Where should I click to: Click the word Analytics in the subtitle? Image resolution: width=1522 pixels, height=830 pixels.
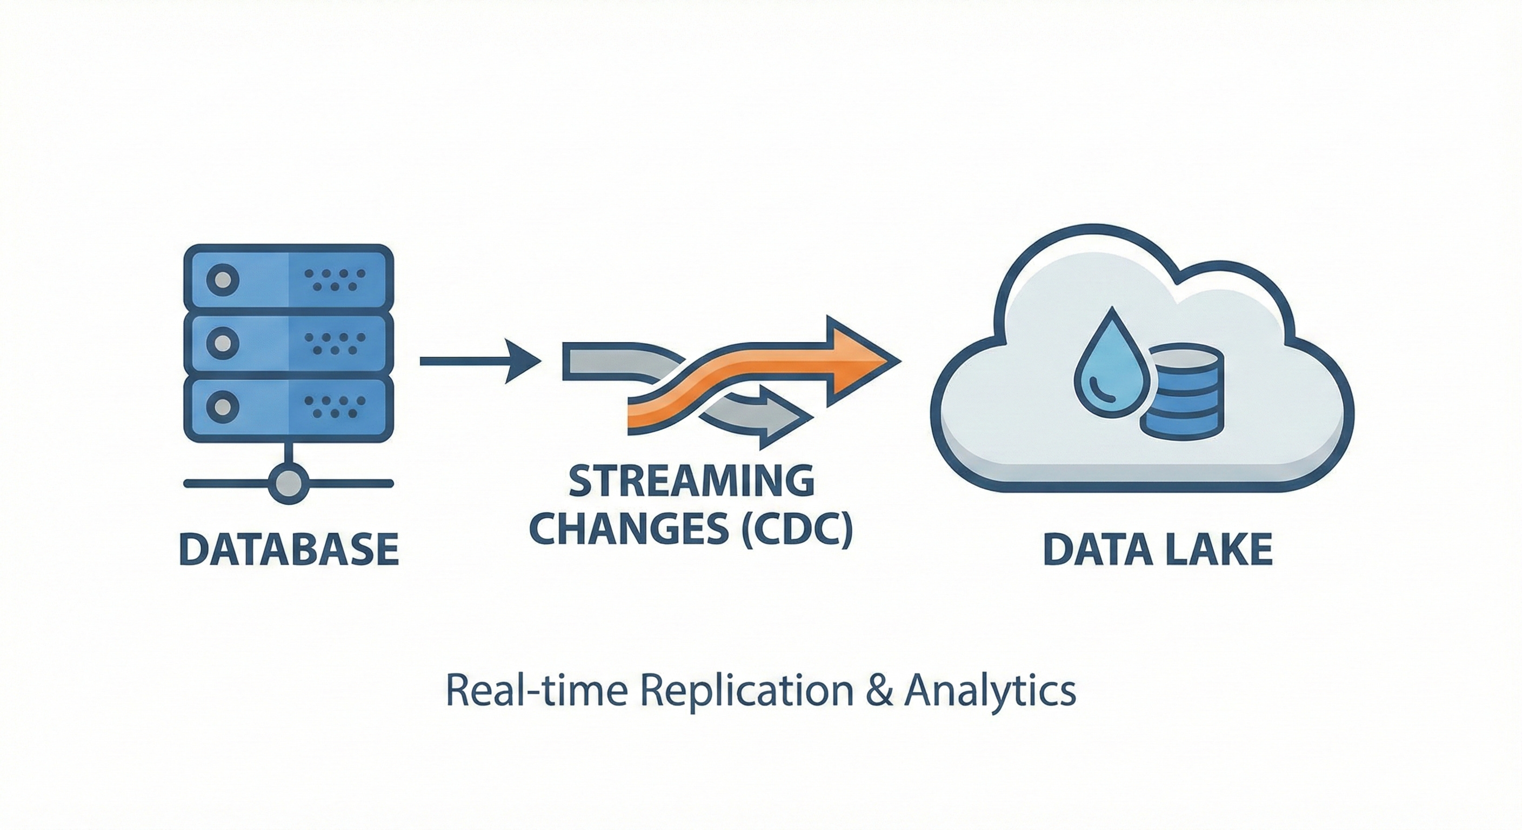point(990,691)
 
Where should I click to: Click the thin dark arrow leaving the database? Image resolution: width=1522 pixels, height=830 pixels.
point(478,360)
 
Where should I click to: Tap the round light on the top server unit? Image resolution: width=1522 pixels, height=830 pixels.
point(222,279)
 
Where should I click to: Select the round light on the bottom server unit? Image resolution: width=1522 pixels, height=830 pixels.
point(222,406)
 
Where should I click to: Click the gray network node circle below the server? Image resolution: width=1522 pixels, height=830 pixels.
point(288,483)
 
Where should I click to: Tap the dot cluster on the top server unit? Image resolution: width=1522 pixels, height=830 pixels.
point(335,280)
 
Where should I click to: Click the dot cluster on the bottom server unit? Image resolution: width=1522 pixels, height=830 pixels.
point(335,406)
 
